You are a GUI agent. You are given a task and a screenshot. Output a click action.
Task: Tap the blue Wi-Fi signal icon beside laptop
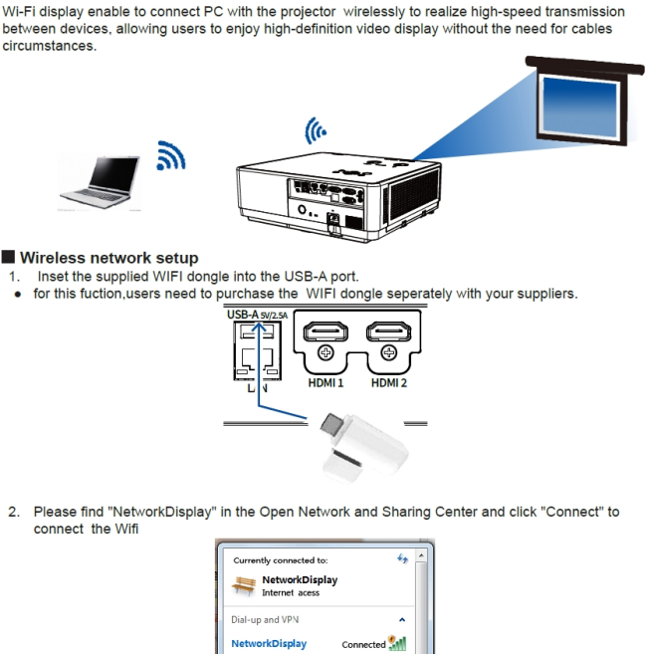(x=171, y=154)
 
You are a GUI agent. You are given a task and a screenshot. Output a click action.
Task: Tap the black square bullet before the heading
(x=9, y=258)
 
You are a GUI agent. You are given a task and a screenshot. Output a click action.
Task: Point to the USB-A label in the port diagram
(x=243, y=316)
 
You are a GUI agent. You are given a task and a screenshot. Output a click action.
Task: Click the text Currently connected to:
(x=280, y=560)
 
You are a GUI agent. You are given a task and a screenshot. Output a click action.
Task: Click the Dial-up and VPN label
(x=265, y=619)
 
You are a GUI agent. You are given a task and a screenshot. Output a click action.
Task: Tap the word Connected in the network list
(x=362, y=644)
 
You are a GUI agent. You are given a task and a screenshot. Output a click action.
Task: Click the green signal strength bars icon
(x=400, y=643)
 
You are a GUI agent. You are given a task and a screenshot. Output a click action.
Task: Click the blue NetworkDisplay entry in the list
(x=269, y=644)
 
